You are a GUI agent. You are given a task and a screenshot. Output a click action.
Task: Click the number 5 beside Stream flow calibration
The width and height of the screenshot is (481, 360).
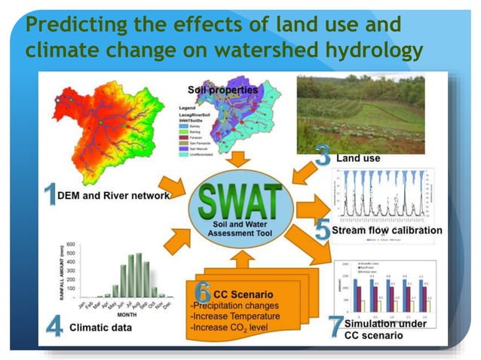(322, 229)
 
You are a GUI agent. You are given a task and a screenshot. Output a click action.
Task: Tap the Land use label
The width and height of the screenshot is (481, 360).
(358, 159)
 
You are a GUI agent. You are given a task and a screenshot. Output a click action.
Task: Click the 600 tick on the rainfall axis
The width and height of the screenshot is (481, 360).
(70, 244)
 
